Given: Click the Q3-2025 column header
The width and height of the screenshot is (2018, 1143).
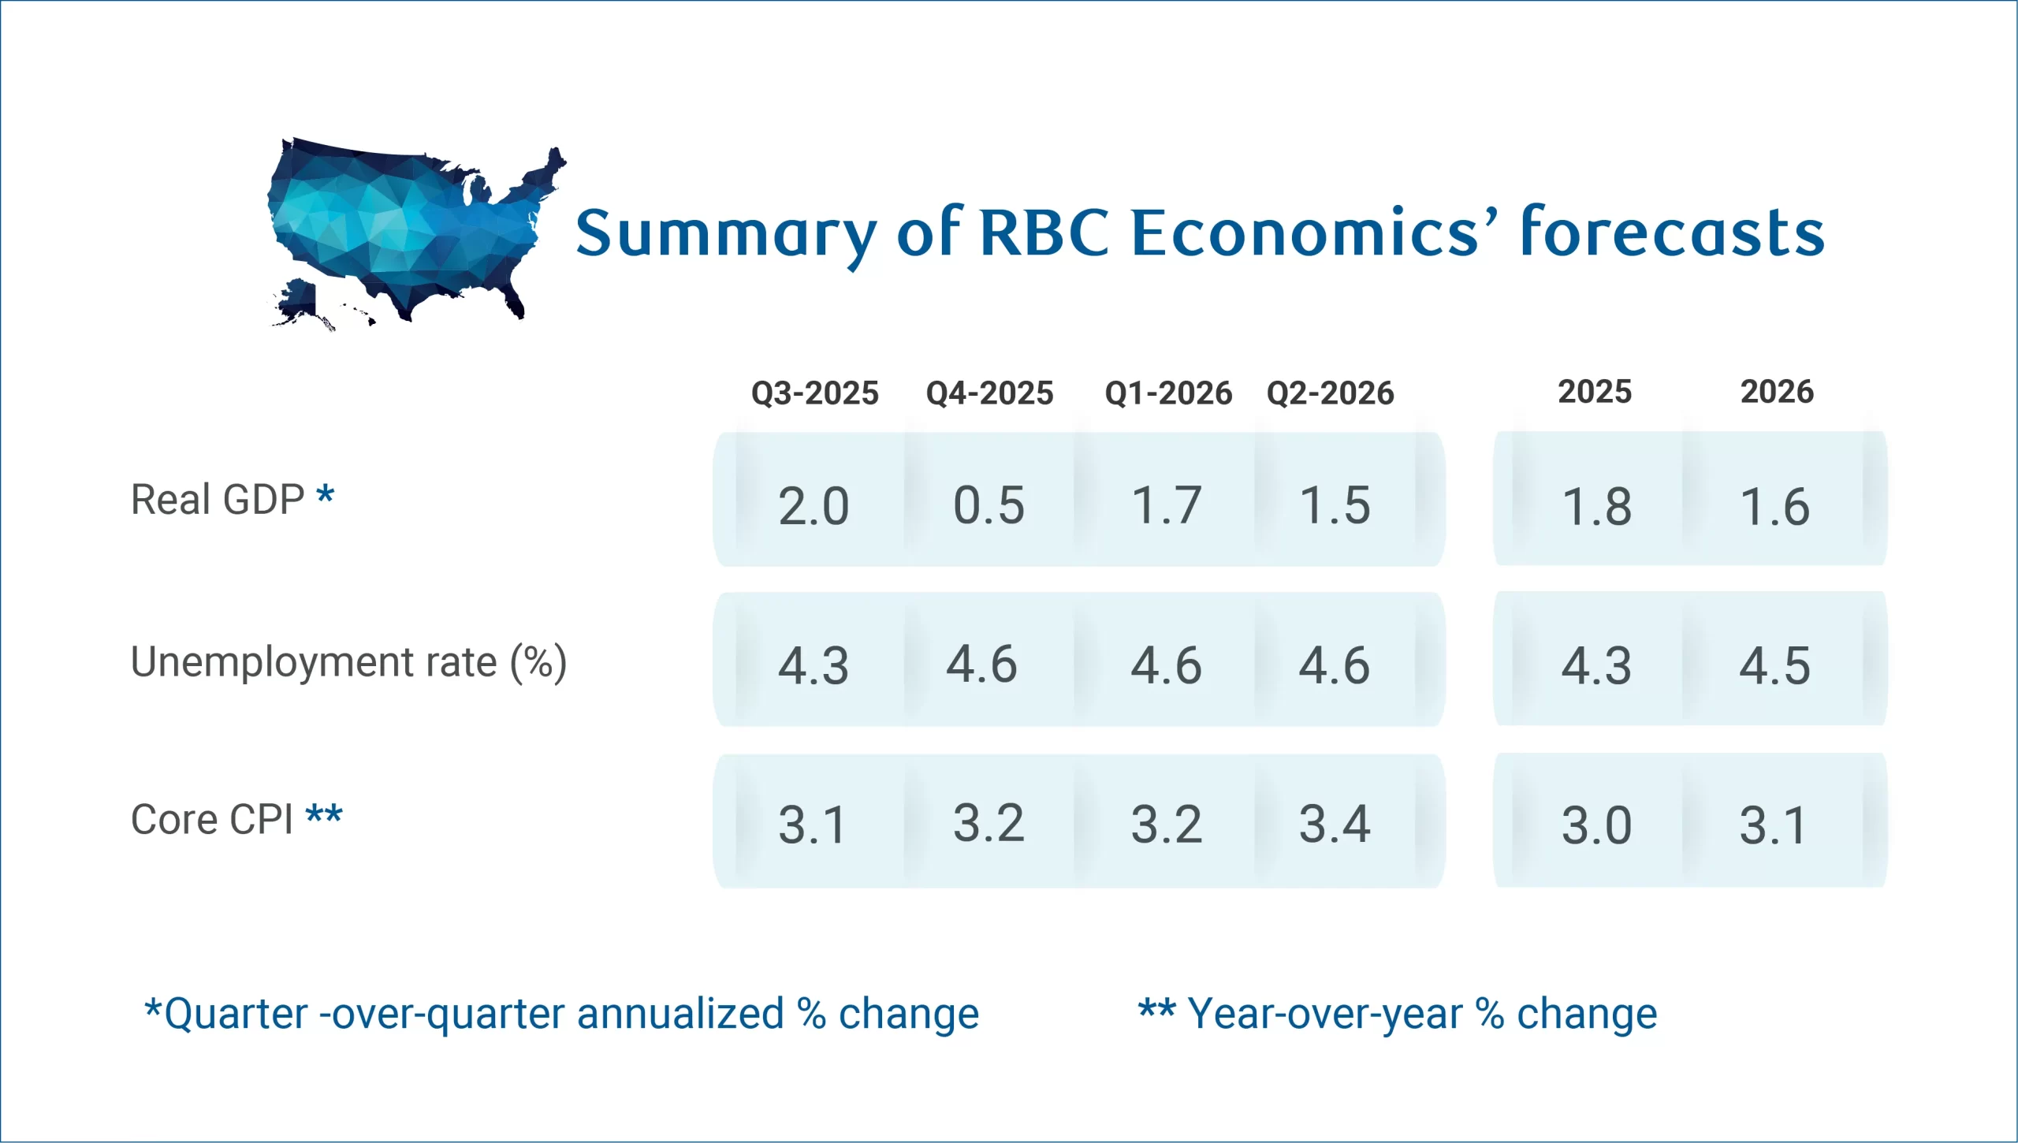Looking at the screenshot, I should [x=814, y=393].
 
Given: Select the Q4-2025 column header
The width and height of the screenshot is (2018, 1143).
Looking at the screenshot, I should [x=989, y=393].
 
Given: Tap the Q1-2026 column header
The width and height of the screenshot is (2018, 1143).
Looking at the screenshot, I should [x=1168, y=393].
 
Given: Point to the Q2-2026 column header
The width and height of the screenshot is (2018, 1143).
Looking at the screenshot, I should [x=1330, y=393].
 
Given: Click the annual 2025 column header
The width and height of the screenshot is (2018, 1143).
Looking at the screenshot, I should [x=1595, y=391].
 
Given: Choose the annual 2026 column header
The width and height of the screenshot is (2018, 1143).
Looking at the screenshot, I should [x=1777, y=391].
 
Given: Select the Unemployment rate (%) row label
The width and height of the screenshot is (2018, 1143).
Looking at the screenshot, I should [x=348, y=661].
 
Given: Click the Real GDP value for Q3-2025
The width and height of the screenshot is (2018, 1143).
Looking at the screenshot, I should [x=814, y=505].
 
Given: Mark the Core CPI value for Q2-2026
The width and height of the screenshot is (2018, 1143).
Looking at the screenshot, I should [x=1335, y=824].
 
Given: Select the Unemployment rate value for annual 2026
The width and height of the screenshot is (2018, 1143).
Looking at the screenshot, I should [x=1774, y=665].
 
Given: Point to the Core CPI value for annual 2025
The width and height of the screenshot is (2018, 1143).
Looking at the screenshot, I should [x=1596, y=825].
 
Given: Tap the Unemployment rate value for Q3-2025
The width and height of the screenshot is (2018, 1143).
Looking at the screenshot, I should [x=814, y=665].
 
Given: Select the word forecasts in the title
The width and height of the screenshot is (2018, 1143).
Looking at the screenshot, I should [x=1672, y=233].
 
